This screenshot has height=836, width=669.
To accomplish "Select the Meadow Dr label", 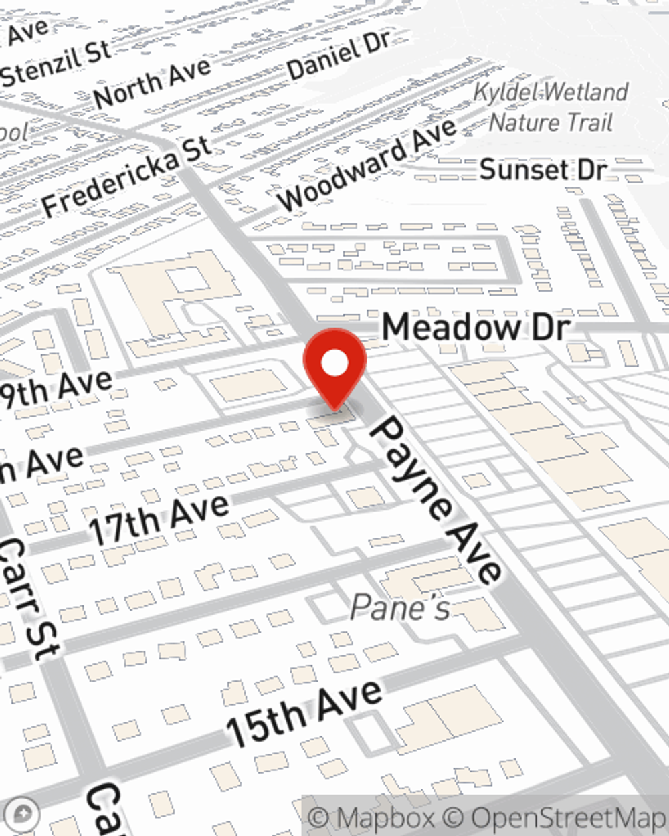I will pos(476,328).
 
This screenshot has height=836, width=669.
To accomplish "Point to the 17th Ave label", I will pos(159,520).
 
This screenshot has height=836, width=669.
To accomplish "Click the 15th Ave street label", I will pos(304,713).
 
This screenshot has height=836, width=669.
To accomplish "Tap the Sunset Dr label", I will pos(543,170).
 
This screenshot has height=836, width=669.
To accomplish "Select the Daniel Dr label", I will pos(339,55).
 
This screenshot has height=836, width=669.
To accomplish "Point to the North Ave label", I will pos(153,82).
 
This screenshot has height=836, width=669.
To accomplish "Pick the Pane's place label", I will pos(400,607).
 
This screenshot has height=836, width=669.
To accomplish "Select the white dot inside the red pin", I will pos(334,363).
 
